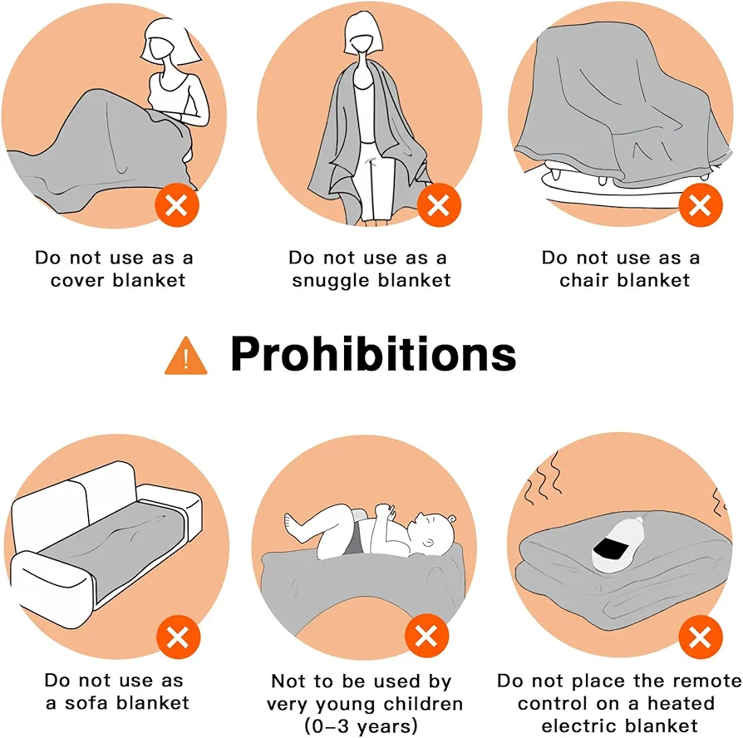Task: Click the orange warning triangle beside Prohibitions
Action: pyautogui.click(x=186, y=357)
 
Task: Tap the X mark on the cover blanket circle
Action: pyautogui.click(x=177, y=205)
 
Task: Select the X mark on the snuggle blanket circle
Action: pyautogui.click(x=439, y=205)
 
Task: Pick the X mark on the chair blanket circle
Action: pyautogui.click(x=701, y=205)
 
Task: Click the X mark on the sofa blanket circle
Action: pyautogui.click(x=178, y=637)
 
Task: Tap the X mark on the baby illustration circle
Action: pyautogui.click(x=426, y=636)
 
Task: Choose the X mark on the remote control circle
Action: pyautogui.click(x=701, y=637)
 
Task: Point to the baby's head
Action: pyautogui.click(x=431, y=534)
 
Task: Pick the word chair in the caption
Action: pyautogui.click(x=583, y=280)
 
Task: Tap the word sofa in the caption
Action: pyautogui.click(x=87, y=702)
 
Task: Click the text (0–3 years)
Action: pyautogui.click(x=361, y=726)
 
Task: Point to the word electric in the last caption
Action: pyautogui.click(x=578, y=726)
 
